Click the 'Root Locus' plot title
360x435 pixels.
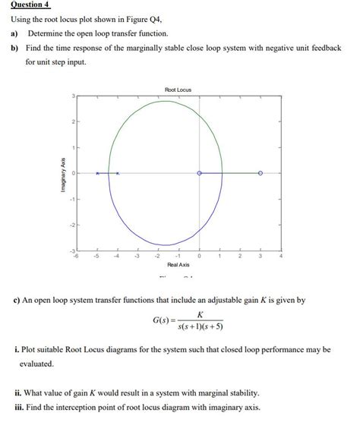click(178, 90)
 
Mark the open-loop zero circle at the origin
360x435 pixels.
click(199, 173)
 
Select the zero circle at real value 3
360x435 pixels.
click(261, 173)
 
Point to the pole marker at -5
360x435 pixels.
click(97, 174)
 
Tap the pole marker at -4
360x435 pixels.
click(117, 174)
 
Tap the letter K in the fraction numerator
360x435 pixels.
click(199, 314)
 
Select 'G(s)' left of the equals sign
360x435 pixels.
click(162, 320)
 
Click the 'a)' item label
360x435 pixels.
click(14, 34)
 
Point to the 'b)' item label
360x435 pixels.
click(14, 48)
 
